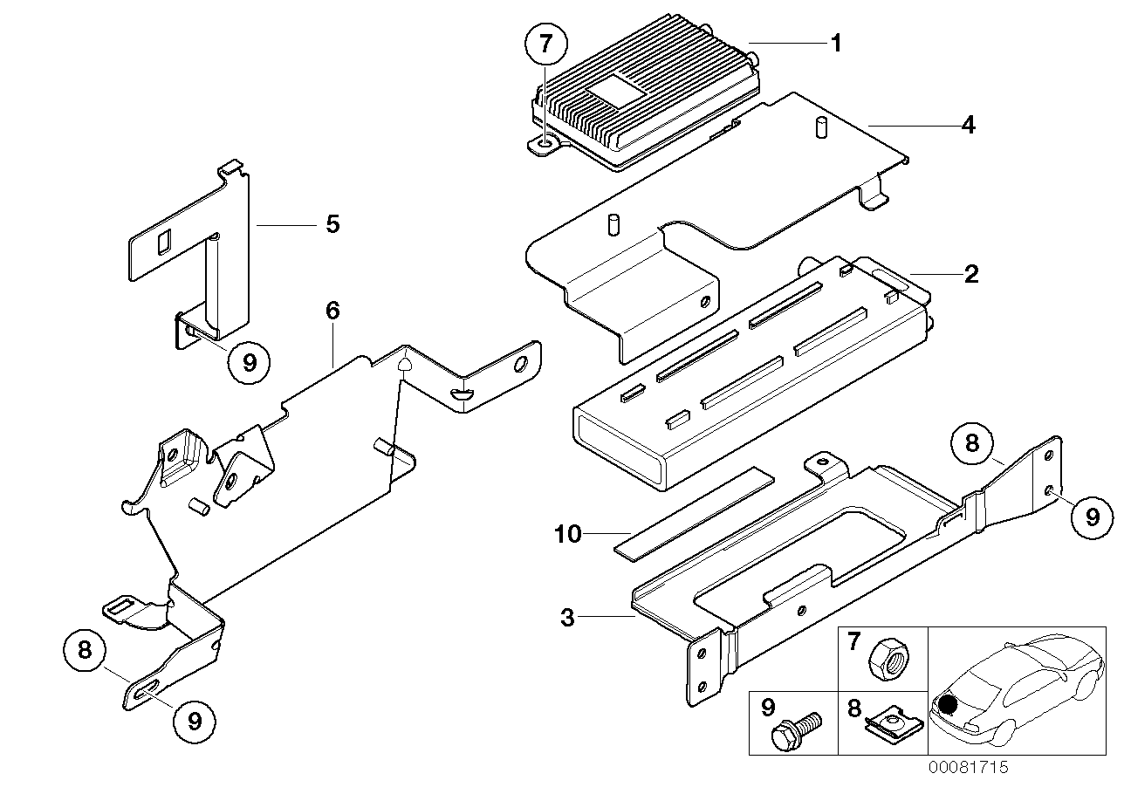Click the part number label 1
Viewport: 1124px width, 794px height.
pyautogui.click(x=836, y=42)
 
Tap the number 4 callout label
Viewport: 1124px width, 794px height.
pyautogui.click(x=967, y=126)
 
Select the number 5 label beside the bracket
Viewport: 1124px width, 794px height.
pyautogui.click(x=332, y=224)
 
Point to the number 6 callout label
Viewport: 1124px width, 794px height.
pyautogui.click(x=332, y=311)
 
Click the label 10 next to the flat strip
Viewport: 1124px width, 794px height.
pyautogui.click(x=567, y=534)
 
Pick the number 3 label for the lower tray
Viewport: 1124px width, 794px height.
pyautogui.click(x=567, y=619)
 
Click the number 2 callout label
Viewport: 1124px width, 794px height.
pyautogui.click(x=971, y=275)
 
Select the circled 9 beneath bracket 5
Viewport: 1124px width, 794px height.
pyautogui.click(x=250, y=362)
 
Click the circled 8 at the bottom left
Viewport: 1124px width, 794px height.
pyautogui.click(x=85, y=651)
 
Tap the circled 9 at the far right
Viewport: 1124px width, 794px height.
pyautogui.click(x=1092, y=517)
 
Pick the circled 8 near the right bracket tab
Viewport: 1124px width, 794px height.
pyautogui.click(x=972, y=444)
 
